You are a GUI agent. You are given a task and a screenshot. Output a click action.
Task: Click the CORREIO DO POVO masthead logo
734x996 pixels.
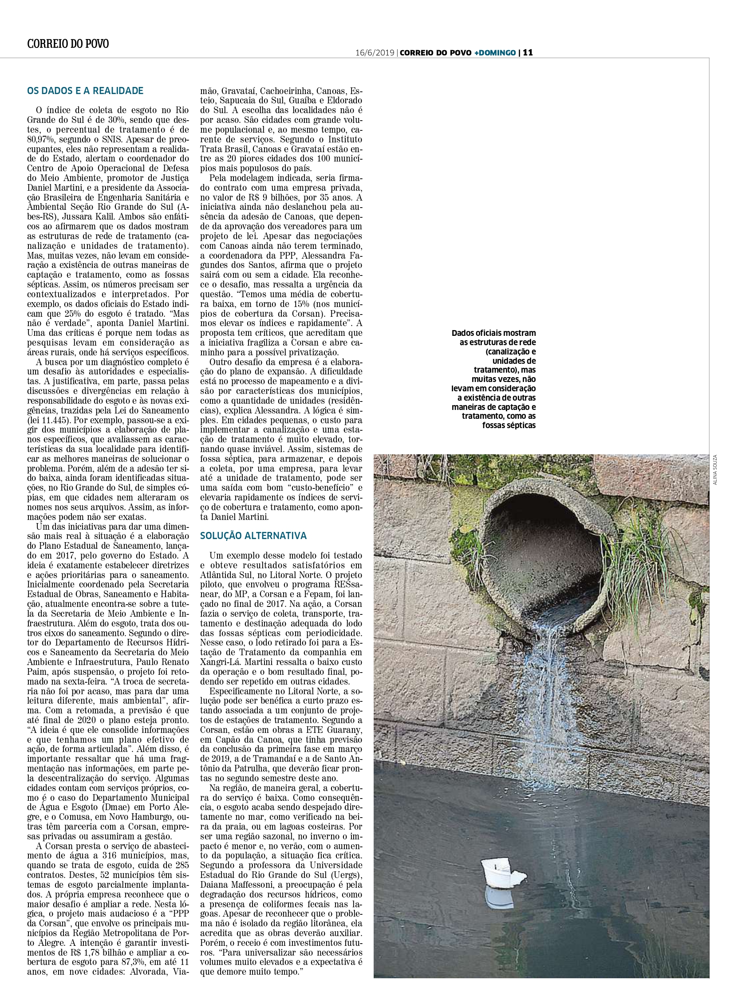pos(68,43)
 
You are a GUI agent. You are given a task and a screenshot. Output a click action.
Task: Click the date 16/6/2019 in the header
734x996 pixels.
pos(375,52)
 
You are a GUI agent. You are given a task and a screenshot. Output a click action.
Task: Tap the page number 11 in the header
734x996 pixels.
pos(527,52)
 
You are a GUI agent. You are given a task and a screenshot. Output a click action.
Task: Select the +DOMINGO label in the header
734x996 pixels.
pos(495,52)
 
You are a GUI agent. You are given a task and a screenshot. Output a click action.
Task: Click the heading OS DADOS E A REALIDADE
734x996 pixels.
pos(85,91)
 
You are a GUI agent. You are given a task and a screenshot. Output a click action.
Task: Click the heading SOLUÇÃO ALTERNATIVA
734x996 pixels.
pos(253,536)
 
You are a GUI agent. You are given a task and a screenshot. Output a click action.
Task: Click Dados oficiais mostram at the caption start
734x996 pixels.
pos(493,333)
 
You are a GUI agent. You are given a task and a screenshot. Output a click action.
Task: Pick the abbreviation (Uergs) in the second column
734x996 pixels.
pos(348,875)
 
